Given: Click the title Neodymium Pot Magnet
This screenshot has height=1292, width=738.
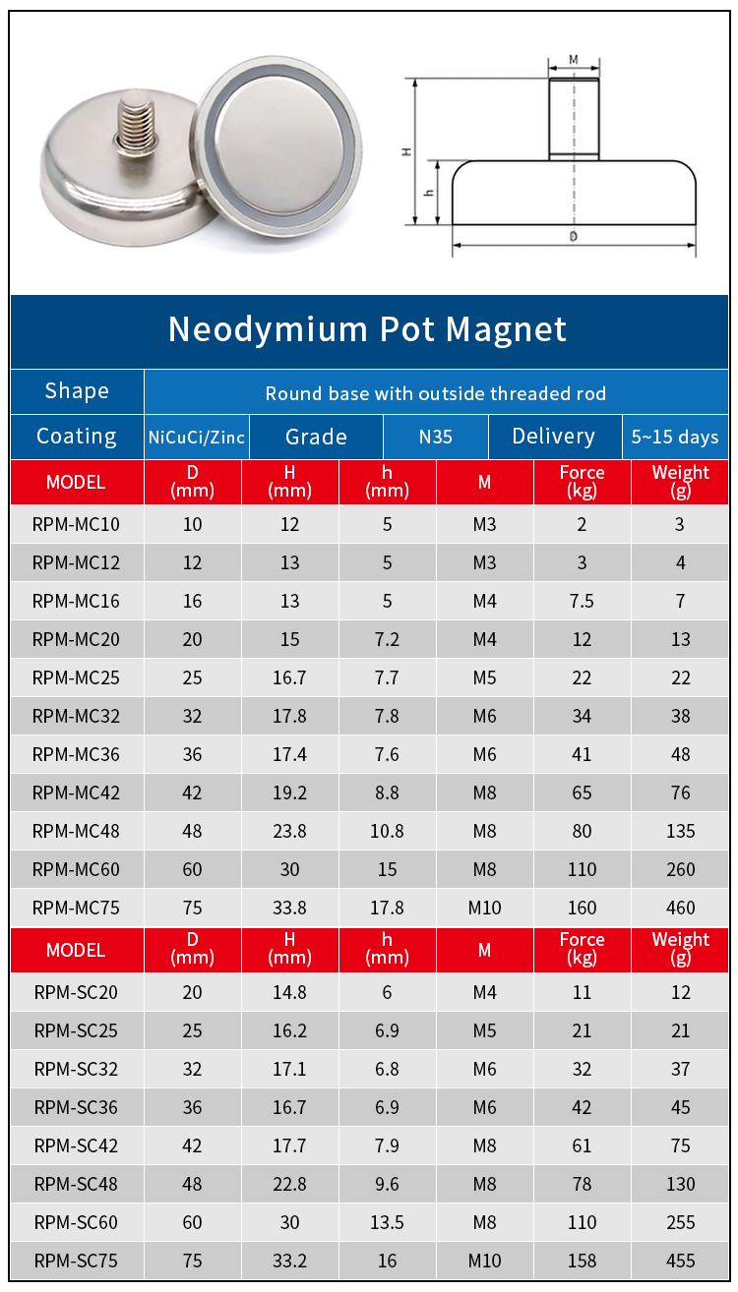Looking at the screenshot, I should pos(367,329).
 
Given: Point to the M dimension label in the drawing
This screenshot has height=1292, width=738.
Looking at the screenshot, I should pos(574,60).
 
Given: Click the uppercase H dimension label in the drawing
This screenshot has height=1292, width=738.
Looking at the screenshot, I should pos(404,151).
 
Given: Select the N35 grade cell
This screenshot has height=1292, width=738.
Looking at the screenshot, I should pos(435,437).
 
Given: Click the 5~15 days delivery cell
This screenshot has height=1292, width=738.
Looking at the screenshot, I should pos(675,437).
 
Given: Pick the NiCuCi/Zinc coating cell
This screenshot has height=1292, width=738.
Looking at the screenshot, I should pos(197,437).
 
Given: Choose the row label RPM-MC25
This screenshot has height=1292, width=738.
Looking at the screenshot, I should pos(76,677).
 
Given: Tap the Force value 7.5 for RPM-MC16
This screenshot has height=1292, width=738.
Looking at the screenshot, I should pos(582,601).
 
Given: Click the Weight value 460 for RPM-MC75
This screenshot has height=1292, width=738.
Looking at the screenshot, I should pos(680,908).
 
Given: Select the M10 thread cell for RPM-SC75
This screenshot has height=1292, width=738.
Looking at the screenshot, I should pos(484,1261).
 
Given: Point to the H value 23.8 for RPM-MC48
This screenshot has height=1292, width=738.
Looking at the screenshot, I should pos(289,831).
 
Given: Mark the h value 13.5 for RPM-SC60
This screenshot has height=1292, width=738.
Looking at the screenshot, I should pos(387,1222).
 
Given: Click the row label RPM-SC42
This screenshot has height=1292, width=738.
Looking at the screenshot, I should pos(76,1145).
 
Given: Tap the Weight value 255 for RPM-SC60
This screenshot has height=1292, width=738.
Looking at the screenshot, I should pos(680,1222).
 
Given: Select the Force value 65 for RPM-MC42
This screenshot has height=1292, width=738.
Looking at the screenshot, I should pos(582,793).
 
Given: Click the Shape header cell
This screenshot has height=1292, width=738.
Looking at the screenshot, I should pos(77,391).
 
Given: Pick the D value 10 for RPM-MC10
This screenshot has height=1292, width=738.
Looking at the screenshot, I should pos(192,524).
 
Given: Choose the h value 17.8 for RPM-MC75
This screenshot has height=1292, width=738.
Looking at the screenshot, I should pos(387,908).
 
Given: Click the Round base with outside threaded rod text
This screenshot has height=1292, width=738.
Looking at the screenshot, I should pos(435,394).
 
